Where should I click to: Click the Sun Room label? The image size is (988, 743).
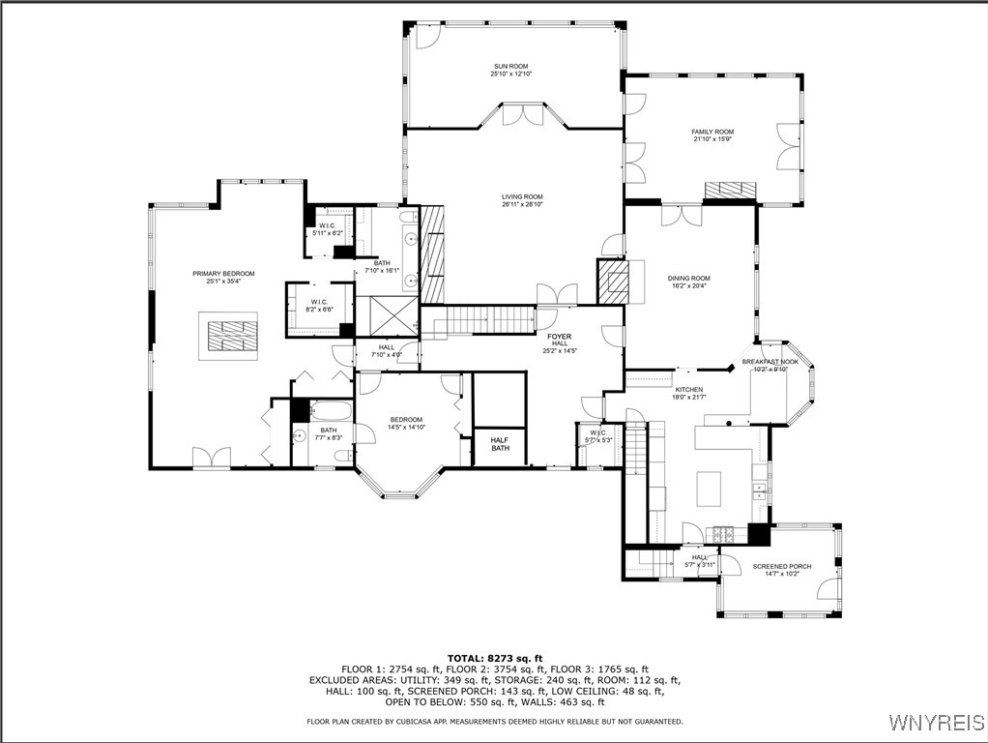(x=510, y=66)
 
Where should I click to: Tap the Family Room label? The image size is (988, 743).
(x=712, y=132)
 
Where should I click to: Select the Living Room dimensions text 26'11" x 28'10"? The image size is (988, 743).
(x=522, y=205)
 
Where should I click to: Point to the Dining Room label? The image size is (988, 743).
(x=688, y=279)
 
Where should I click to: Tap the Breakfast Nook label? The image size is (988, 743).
(x=770, y=362)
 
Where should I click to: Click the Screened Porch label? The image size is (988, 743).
(x=781, y=566)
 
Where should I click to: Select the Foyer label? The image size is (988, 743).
(x=559, y=337)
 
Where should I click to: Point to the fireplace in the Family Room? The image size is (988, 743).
(x=729, y=191)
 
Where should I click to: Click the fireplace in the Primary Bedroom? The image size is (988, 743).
(x=229, y=336)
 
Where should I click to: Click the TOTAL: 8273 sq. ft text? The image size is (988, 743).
(x=495, y=658)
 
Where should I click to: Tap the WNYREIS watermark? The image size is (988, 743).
(x=935, y=723)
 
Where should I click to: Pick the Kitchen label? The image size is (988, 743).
(x=688, y=390)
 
